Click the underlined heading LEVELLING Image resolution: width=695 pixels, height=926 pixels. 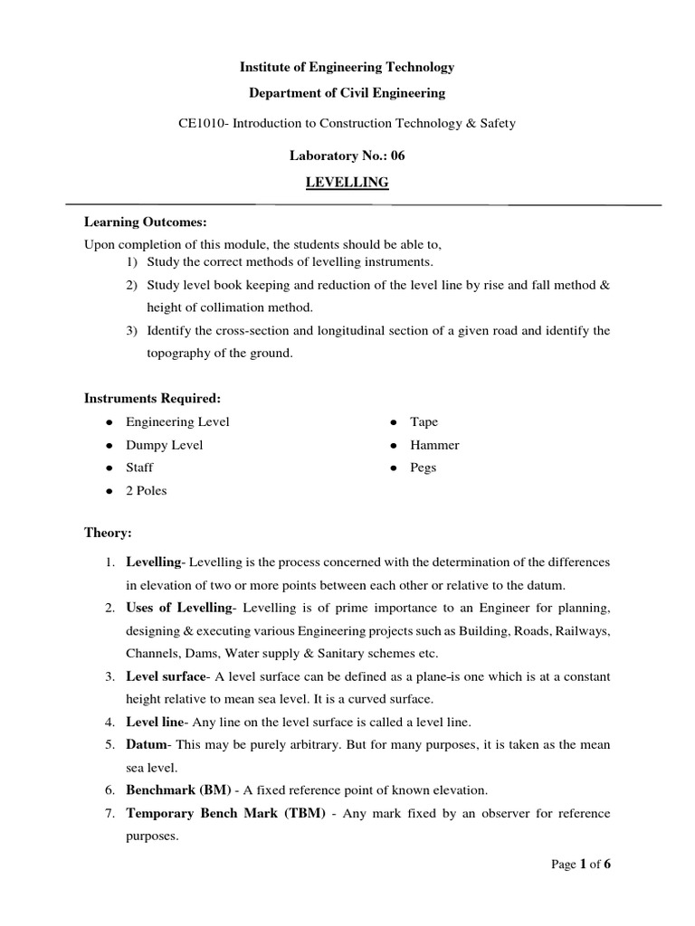pyautogui.click(x=347, y=183)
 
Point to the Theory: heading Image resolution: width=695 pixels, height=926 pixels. pyautogui.click(x=108, y=533)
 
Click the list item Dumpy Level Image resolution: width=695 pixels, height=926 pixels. pyautogui.click(x=164, y=445)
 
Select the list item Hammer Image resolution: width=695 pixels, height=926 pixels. pyautogui.click(x=434, y=445)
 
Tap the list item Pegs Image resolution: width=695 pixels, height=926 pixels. pyautogui.click(x=423, y=468)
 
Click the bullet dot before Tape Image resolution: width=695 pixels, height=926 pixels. pyautogui.click(x=394, y=422)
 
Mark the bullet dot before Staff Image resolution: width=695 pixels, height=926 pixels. pyautogui.click(x=109, y=468)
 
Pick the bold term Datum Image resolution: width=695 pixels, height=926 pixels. pyautogui.click(x=147, y=744)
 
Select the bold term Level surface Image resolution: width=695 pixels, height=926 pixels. pyautogui.click(x=166, y=676)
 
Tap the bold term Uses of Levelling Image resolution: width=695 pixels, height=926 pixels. pyautogui.click(x=178, y=607)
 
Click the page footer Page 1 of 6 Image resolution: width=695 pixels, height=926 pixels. pyautogui.click(x=581, y=865)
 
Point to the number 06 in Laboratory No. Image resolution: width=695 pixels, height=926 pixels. pyautogui.click(x=397, y=156)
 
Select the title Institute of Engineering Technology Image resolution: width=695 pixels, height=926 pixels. pyautogui.click(x=347, y=67)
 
